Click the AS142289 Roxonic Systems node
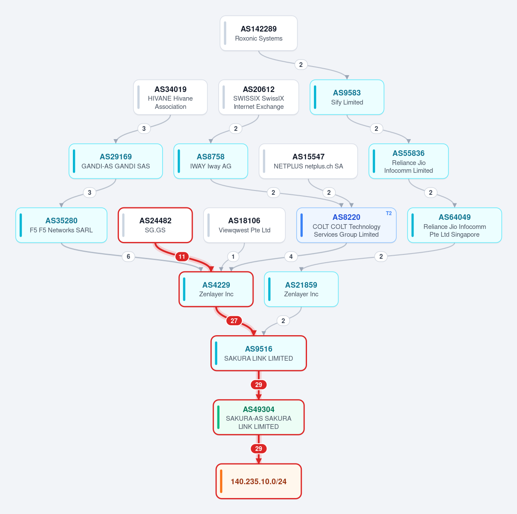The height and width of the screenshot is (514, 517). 259,33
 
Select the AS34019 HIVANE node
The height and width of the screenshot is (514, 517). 170,97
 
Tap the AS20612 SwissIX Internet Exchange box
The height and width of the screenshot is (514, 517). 259,97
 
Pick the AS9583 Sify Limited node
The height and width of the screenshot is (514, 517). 347,97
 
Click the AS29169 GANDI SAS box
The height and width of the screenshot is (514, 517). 116,161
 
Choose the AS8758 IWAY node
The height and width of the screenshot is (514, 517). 211,161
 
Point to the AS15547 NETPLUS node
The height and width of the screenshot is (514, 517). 308,161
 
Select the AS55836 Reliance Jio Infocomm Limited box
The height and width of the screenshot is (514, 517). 408,161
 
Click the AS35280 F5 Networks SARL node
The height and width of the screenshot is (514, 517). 61,225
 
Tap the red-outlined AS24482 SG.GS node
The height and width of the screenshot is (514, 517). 155,225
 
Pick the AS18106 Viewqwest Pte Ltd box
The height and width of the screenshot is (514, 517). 244,225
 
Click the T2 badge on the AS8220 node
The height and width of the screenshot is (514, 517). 389,213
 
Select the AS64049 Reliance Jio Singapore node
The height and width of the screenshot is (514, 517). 454,225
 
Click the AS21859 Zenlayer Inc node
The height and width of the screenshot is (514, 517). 301,289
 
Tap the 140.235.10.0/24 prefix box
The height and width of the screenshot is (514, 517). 259,481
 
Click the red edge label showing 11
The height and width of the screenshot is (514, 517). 182,257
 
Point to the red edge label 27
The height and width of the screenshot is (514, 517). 234,321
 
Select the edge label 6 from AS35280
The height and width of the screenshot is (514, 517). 128,257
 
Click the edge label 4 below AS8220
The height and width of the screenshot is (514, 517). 291,257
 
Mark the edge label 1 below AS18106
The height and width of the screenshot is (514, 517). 233,257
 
